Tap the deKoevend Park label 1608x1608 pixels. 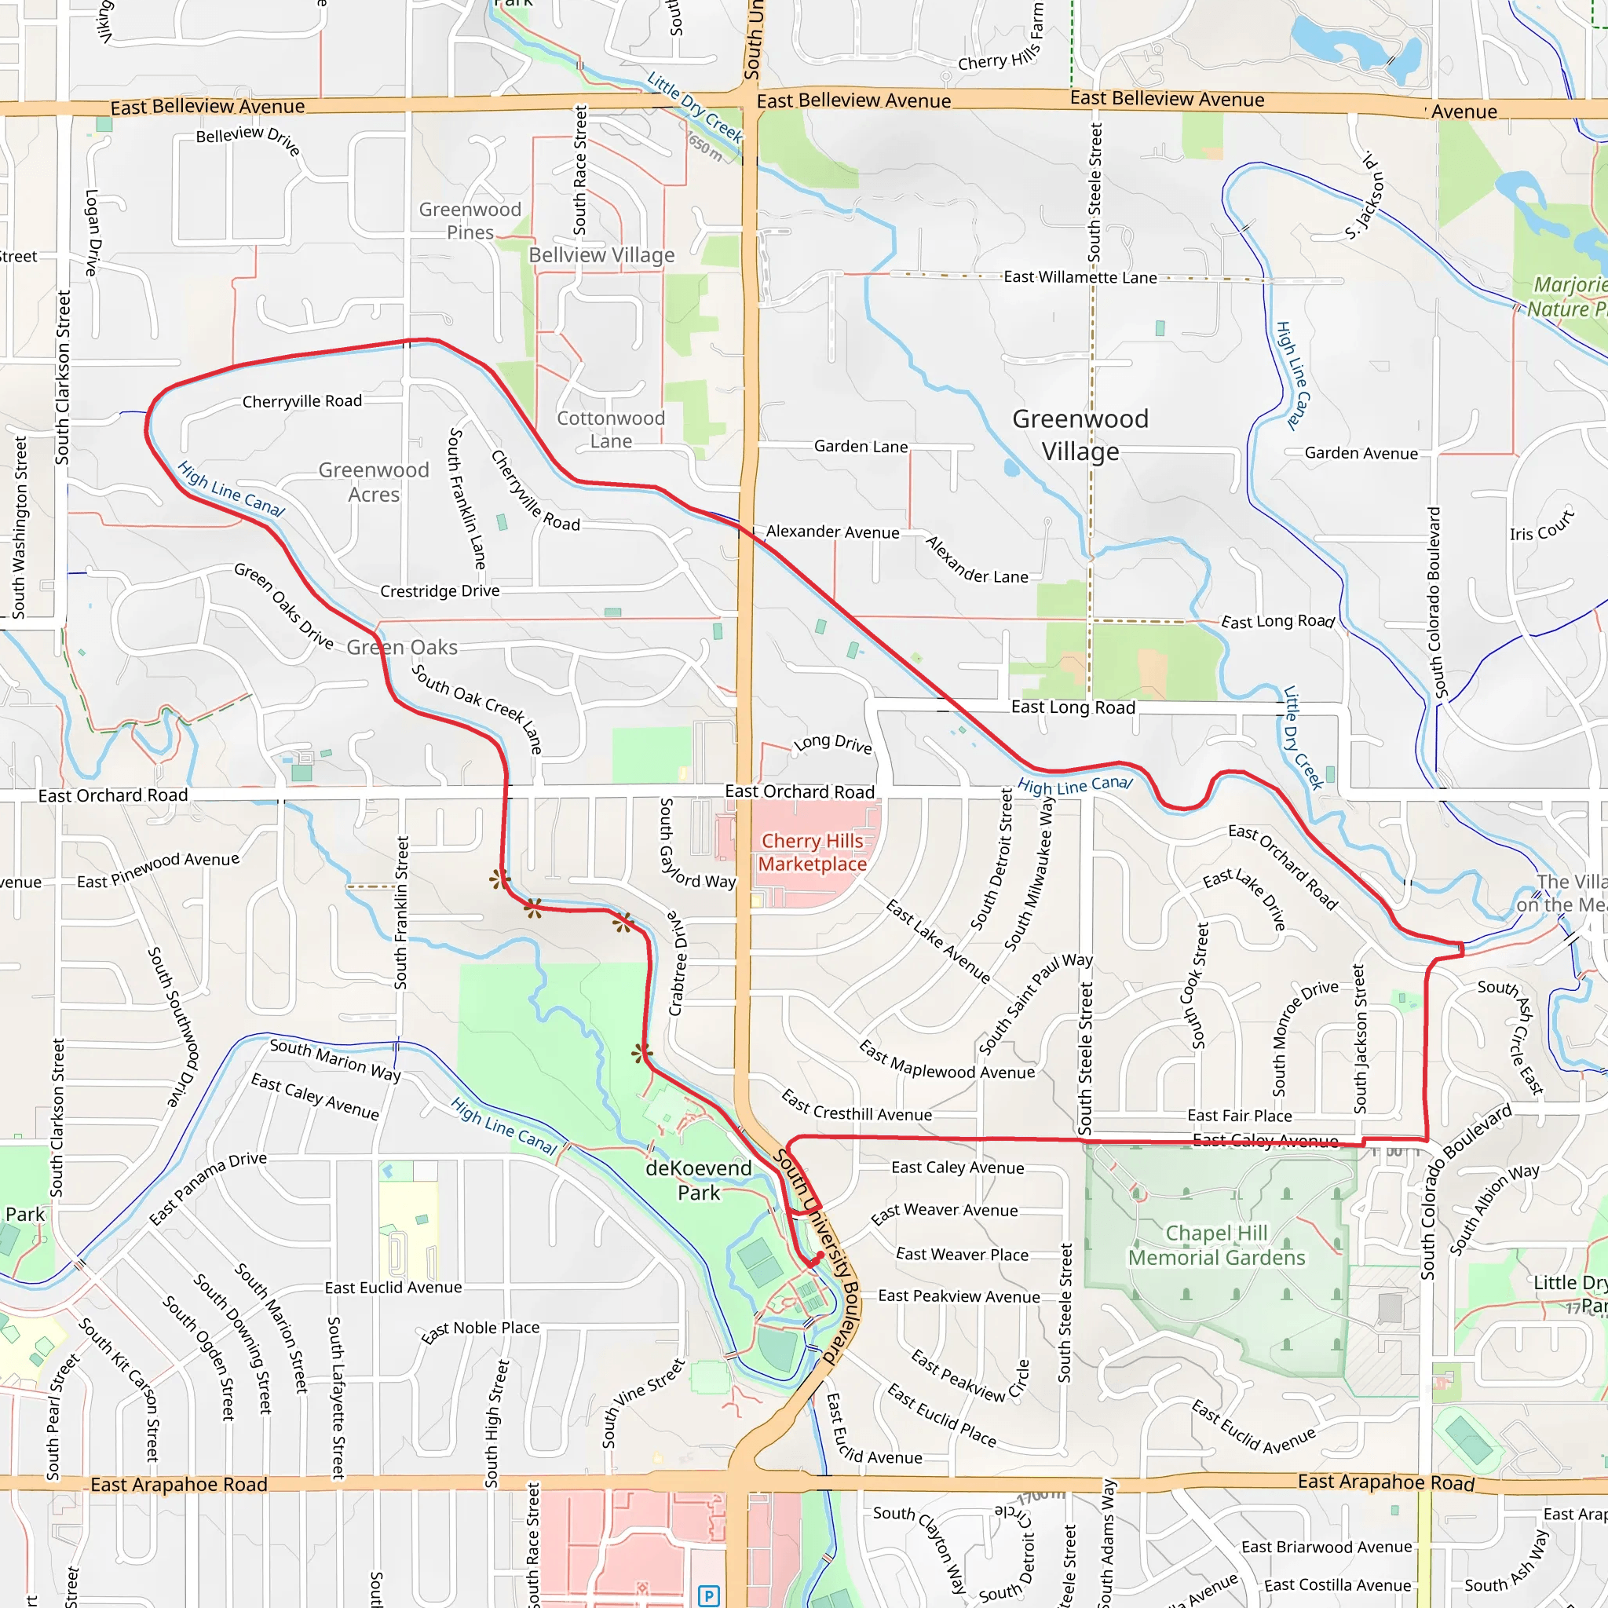698,1180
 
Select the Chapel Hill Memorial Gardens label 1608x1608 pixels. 1216,1245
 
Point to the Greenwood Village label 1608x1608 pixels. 1080,434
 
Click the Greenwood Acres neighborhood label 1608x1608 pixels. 374,482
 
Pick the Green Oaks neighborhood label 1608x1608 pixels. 402,647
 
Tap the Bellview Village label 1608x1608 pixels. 601,254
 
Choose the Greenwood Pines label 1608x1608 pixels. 470,221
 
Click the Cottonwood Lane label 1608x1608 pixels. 611,429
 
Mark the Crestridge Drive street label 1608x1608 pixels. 440,591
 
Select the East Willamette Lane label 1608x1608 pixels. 1080,277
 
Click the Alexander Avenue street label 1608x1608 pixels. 832,532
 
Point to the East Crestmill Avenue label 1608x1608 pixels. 856,1106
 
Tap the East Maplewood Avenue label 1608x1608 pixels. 946,1060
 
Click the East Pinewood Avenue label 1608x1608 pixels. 158,870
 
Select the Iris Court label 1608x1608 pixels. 1541,526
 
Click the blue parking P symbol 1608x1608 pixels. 708,1595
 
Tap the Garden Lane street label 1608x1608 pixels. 861,447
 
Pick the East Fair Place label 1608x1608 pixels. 1239,1115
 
